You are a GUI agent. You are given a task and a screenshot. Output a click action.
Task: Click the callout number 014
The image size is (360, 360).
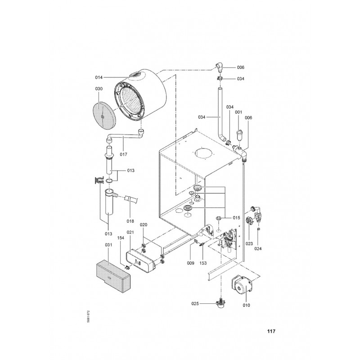pos(99,77)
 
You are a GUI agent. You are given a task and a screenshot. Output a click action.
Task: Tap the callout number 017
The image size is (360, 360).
pos(123,154)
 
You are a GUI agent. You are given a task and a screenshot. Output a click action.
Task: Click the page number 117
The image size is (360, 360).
pos(271,331)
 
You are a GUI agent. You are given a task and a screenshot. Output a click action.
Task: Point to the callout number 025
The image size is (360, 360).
pos(195,303)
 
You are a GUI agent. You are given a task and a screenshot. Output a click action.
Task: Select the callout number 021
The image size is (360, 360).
pos(130,232)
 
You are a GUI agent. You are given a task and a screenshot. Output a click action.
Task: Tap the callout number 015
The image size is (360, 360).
pos(236,218)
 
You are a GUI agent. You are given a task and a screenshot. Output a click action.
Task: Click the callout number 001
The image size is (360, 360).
pos(238,112)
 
